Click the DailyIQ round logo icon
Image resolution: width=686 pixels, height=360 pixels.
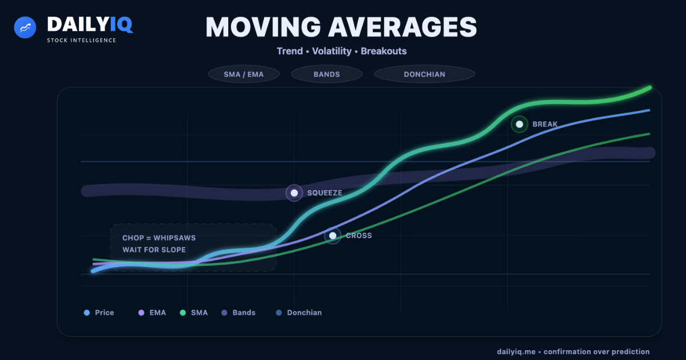click(25, 27)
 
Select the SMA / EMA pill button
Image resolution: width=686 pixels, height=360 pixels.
click(244, 74)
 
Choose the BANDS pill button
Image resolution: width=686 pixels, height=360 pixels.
click(326, 74)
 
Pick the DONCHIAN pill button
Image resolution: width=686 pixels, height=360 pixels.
click(424, 74)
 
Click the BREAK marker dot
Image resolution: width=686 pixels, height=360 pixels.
click(519, 124)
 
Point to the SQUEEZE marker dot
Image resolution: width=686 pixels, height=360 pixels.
click(294, 193)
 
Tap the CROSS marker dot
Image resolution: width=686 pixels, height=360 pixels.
click(333, 235)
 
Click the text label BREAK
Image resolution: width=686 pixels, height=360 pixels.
click(544, 124)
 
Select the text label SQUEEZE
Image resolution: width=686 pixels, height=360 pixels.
click(324, 193)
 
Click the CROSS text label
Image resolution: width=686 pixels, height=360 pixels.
click(358, 235)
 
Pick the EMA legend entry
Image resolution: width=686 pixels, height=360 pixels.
click(153, 313)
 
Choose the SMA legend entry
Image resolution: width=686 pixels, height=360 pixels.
click(194, 313)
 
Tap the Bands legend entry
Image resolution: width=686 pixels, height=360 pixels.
click(239, 313)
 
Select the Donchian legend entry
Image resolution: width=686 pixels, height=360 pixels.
click(299, 313)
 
